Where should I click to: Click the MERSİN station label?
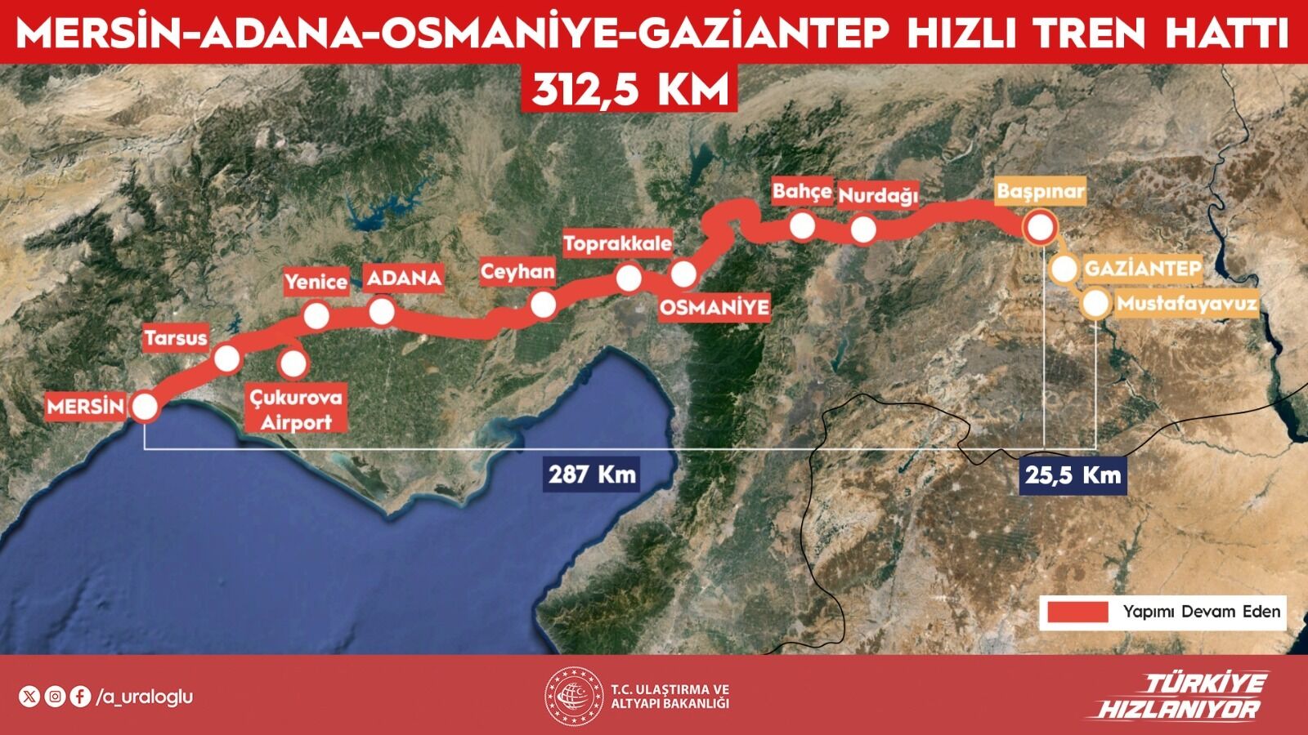(85, 406)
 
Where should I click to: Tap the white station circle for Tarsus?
(226, 359)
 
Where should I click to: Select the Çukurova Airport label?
(296, 410)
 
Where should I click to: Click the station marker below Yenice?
(316, 315)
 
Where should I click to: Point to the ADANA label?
(404, 278)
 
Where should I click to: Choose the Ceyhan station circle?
(543, 305)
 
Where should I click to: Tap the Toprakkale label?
(617, 243)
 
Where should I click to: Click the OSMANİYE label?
(714, 307)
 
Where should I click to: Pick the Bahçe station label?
(801, 192)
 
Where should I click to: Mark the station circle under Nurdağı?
(863, 229)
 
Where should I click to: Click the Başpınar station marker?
(1040, 227)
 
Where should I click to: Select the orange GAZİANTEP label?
(1142, 269)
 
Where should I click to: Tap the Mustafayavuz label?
(1186, 304)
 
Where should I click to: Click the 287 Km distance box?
(593, 474)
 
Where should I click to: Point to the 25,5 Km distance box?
(1073, 474)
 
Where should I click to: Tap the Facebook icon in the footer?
(80, 697)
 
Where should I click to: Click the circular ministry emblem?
(574, 697)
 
